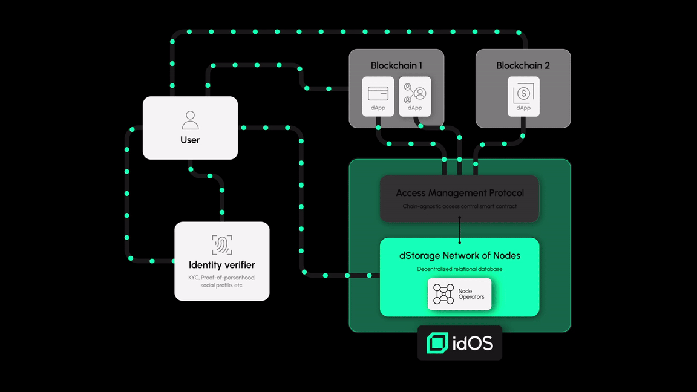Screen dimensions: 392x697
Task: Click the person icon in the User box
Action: click(190, 120)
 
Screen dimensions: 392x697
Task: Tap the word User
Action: click(190, 140)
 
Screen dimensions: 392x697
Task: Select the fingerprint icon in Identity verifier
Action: click(222, 245)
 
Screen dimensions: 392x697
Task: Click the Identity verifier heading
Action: click(222, 265)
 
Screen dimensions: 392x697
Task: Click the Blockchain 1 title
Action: click(396, 65)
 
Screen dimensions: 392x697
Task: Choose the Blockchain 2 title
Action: click(523, 65)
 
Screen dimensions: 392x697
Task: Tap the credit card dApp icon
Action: click(378, 94)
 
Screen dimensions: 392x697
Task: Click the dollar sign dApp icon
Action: click(523, 93)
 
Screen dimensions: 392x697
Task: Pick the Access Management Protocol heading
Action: click(460, 193)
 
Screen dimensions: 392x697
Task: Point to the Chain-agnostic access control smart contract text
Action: click(460, 207)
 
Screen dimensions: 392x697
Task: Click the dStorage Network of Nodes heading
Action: click(460, 255)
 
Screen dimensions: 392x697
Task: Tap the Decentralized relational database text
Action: click(460, 269)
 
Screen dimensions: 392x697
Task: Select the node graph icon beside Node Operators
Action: click(443, 294)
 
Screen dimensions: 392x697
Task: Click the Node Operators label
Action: click(471, 294)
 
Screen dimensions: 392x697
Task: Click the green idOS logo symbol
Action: click(437, 343)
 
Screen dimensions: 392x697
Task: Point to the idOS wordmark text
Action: click(473, 344)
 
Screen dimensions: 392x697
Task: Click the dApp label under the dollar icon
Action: click(523, 108)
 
